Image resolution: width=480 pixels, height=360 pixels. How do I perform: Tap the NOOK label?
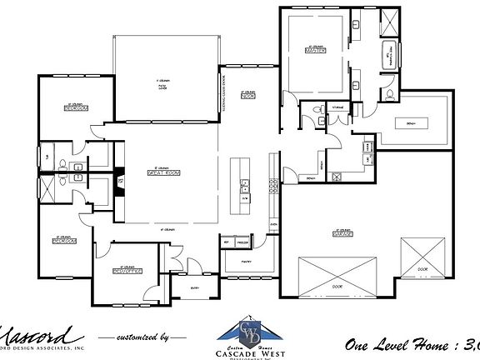[247, 97]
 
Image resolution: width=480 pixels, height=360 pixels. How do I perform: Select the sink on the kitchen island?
[244, 184]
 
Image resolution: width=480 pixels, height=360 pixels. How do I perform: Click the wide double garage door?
[331, 276]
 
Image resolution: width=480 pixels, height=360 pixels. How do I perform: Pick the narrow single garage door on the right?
[423, 259]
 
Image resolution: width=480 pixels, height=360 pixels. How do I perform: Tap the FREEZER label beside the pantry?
[241, 242]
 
